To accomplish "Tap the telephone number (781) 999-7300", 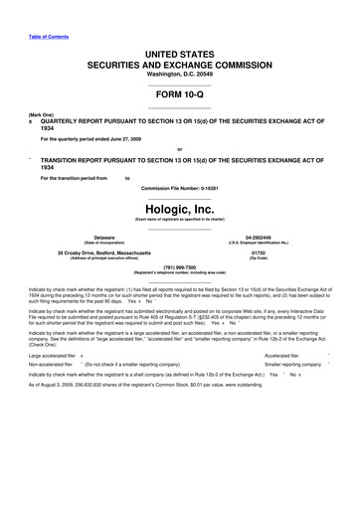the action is (180, 266).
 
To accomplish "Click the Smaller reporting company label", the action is (293, 365).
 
